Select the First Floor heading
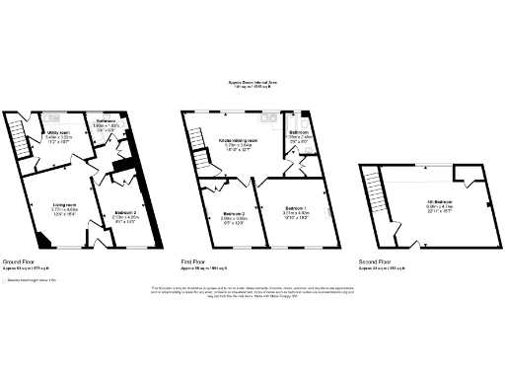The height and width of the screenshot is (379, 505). coord(192,262)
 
